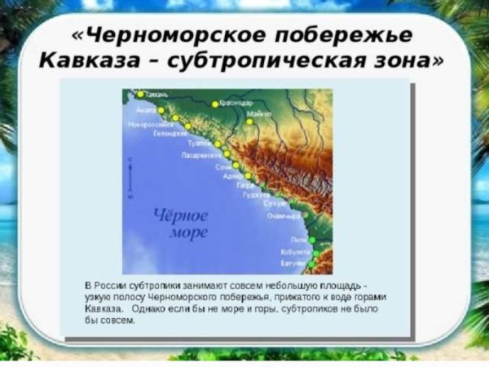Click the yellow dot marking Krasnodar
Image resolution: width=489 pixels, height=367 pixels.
(x=215, y=104)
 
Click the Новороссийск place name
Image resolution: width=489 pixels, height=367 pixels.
(x=148, y=124)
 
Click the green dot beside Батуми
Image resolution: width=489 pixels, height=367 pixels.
(x=311, y=264)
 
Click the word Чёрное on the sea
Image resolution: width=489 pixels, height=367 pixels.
(x=181, y=215)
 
